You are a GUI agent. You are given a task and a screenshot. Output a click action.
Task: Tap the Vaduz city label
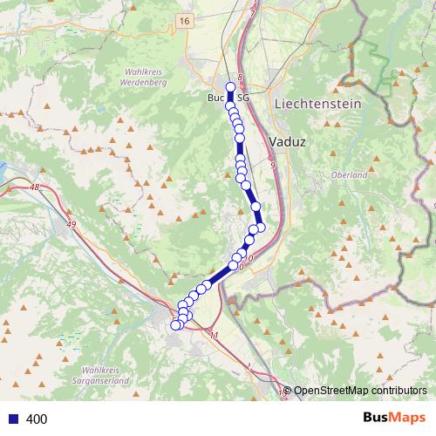tap(287, 140)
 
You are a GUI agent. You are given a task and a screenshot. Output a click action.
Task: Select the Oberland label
tap(349, 175)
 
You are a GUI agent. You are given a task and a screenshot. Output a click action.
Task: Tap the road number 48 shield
tap(35, 187)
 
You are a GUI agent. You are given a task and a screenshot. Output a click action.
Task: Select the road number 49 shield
tap(71, 226)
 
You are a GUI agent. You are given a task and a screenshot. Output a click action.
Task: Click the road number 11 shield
tap(215, 335)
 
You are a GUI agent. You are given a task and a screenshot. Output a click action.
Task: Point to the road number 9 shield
tap(273, 165)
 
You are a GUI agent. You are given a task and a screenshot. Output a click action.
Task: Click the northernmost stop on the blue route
tap(230, 86)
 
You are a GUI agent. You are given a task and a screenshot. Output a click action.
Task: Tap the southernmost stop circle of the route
tap(175, 325)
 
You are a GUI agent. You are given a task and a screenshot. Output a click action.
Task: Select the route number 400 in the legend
tap(37, 419)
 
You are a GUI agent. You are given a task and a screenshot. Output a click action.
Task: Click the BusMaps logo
tap(390, 418)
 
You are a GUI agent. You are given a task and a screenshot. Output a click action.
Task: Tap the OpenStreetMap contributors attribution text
tap(359, 391)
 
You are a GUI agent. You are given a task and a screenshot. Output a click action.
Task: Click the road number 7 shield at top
tap(252, 14)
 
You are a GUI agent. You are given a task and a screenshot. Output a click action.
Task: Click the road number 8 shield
tap(240, 78)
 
